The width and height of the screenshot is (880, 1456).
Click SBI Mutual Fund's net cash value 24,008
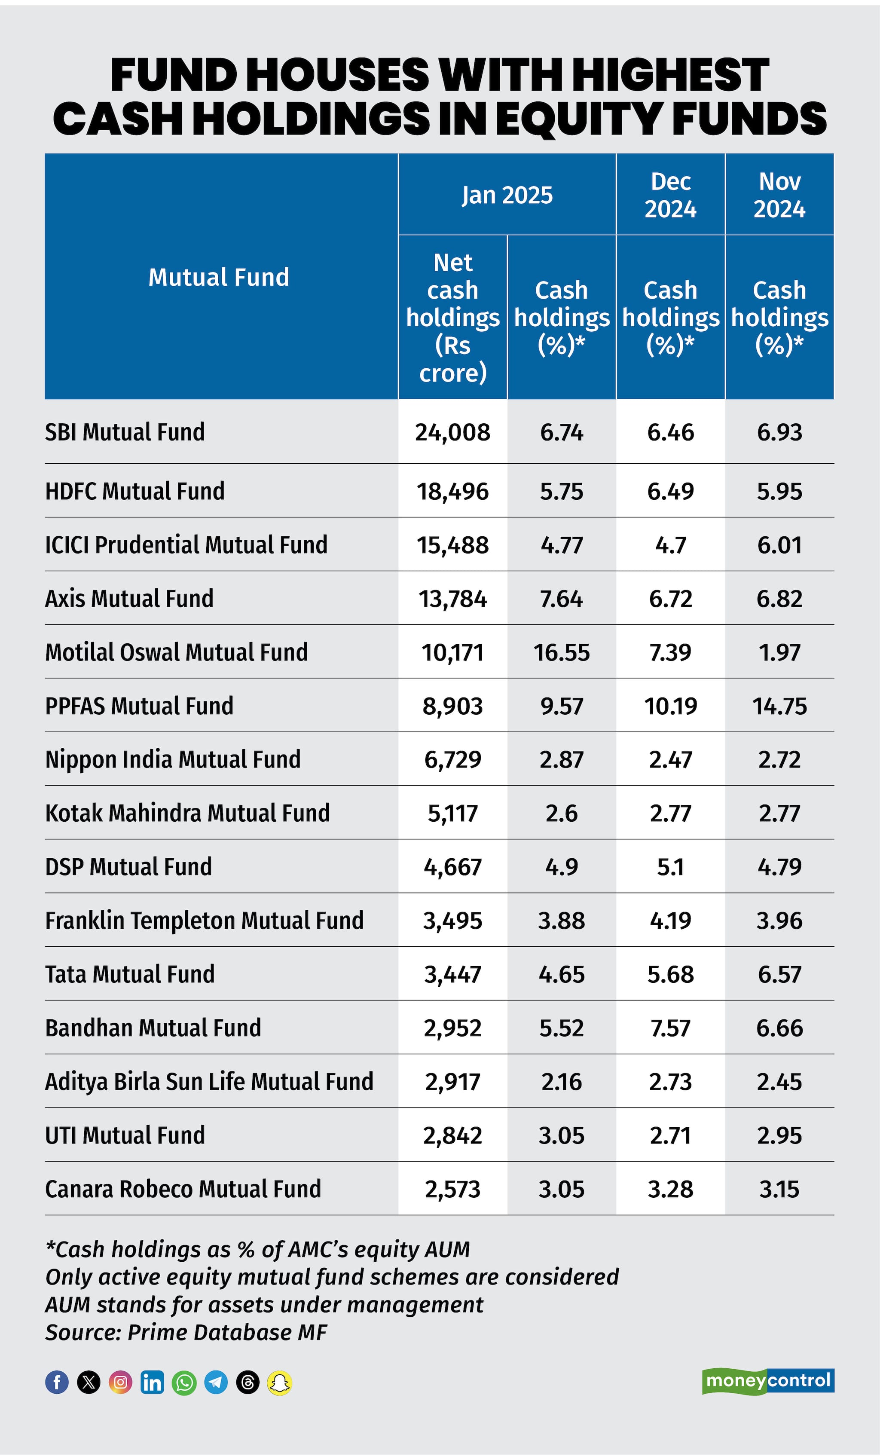[452, 432]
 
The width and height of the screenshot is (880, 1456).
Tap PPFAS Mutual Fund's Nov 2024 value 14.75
[779, 706]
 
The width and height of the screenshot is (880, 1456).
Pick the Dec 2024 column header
[670, 195]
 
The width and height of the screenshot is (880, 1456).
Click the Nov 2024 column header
[779, 195]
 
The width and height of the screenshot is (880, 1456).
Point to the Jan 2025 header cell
[507, 195]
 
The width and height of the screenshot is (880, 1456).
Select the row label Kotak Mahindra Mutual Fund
[187, 813]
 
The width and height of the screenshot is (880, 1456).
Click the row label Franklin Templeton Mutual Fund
[204, 921]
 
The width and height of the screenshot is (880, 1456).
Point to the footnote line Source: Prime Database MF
[186, 1333]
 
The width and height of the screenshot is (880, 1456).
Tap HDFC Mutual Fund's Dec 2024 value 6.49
[670, 491]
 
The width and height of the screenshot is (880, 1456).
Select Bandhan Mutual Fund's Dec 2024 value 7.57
[670, 1028]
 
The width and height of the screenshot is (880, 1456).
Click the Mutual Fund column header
[219, 277]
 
